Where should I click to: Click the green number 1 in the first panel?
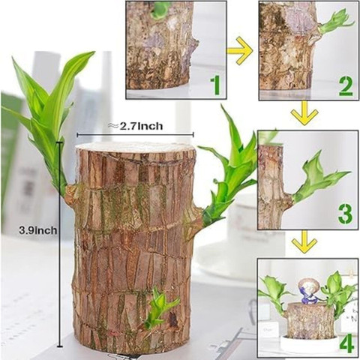point(215,86)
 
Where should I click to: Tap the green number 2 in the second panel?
point(346,87)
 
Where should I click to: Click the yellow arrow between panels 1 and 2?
point(239,51)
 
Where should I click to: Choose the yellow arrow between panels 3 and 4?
point(304,241)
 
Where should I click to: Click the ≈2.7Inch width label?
point(135,126)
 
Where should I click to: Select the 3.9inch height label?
point(38,230)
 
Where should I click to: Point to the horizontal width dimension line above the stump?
point(135,135)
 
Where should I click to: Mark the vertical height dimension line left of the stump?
point(59,244)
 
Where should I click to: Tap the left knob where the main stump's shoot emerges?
point(71,193)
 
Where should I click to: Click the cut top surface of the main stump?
point(135,148)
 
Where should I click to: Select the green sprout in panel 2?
point(335,22)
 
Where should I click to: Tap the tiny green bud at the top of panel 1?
point(160,10)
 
